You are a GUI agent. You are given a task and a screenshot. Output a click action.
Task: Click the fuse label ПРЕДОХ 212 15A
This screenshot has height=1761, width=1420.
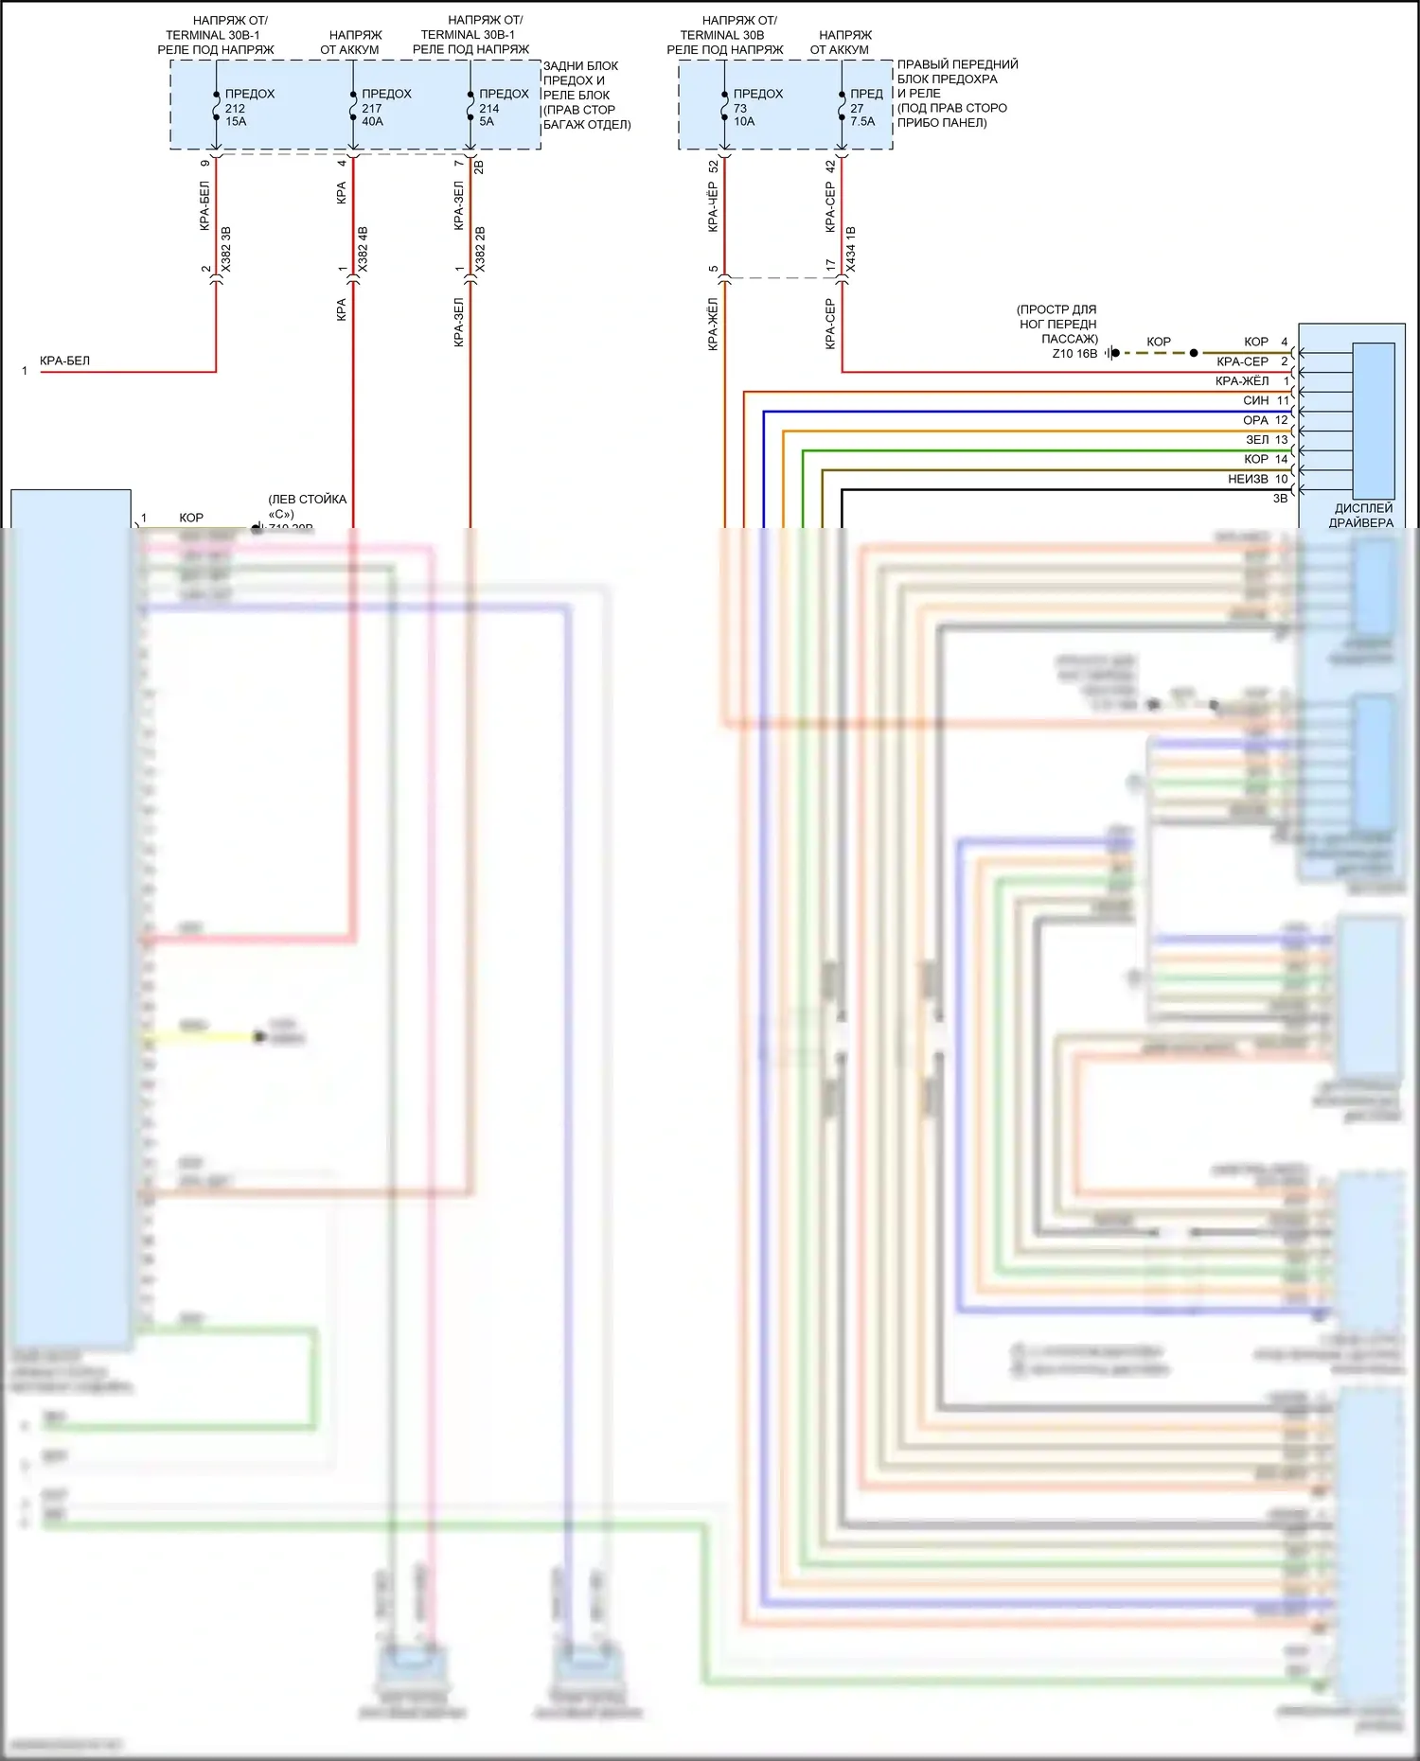(249, 108)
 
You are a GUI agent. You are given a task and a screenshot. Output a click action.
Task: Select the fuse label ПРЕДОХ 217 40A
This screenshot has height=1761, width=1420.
(385, 108)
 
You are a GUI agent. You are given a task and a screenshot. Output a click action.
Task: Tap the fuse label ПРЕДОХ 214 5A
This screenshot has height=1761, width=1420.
(503, 108)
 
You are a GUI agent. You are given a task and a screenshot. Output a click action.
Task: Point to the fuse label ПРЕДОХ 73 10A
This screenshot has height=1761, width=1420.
(757, 108)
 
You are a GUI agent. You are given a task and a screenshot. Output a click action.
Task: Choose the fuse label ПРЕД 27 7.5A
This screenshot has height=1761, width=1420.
(865, 108)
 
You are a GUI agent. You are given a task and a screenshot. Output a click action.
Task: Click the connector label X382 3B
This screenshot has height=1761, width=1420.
(225, 250)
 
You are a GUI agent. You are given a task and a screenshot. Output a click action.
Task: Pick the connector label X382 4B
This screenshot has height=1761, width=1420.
(363, 250)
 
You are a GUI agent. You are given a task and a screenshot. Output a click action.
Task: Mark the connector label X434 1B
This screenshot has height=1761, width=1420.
(850, 250)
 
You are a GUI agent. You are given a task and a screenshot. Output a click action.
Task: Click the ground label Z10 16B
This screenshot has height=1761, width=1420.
(1074, 354)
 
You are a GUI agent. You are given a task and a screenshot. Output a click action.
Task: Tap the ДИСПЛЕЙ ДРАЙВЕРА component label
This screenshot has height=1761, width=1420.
(1362, 516)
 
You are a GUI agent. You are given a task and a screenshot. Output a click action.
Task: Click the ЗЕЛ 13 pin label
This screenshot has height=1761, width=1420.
(1267, 440)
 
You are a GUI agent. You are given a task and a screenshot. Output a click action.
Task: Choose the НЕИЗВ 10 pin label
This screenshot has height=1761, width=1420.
(1257, 480)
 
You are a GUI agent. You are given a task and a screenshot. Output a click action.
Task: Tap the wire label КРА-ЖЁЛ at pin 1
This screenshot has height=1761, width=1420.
(1242, 381)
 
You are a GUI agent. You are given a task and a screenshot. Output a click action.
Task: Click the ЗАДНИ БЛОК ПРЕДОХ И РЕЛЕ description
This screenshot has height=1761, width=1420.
(586, 95)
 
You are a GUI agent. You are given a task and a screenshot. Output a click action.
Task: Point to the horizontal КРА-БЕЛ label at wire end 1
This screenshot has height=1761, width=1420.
(65, 361)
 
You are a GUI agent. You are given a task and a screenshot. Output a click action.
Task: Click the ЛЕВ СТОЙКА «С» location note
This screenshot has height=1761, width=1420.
(307, 505)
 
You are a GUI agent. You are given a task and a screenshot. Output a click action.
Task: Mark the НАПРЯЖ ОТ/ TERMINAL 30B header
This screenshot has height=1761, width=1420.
(725, 34)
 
